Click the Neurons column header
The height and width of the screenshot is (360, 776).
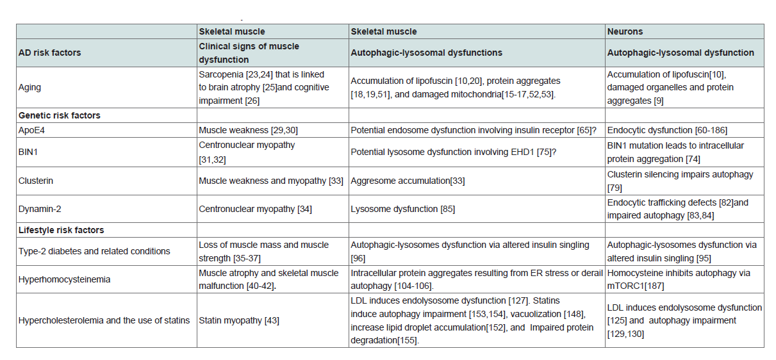pos(625,31)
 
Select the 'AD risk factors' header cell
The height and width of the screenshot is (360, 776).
pos(49,53)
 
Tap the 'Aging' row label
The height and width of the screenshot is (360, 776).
pos(29,87)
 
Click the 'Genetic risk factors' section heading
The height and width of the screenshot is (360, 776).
pos(59,115)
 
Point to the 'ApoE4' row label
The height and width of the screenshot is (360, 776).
pos(31,130)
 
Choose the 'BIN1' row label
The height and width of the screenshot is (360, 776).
pos(28,152)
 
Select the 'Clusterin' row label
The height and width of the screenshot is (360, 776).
pos(36,181)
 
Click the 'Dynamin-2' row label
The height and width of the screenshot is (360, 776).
pos(40,209)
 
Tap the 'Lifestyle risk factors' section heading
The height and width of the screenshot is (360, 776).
pos(61,230)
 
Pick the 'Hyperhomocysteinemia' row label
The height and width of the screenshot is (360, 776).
pos(65,279)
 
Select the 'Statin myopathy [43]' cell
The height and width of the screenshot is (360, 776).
pos(239,320)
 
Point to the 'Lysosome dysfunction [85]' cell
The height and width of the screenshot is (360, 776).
pos(402,209)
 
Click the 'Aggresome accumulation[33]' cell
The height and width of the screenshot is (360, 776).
pos(408,181)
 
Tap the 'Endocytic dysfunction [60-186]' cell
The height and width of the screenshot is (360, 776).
pos(667,130)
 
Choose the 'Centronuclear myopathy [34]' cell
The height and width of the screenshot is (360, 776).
pos(255,209)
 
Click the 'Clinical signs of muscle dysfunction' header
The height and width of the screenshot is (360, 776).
pos(249,53)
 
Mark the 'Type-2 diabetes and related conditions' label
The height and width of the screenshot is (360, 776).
pos(94,251)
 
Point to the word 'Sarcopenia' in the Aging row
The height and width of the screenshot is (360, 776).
pos(221,74)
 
